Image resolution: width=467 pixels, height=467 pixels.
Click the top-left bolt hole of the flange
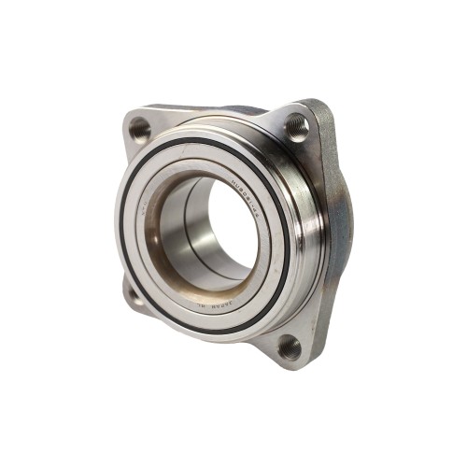tap(140, 128)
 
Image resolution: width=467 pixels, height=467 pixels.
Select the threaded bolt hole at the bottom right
tap(290, 347)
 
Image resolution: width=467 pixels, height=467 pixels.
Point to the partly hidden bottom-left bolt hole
tap(134, 296)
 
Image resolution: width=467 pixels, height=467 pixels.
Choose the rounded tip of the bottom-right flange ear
tap(299, 364)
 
